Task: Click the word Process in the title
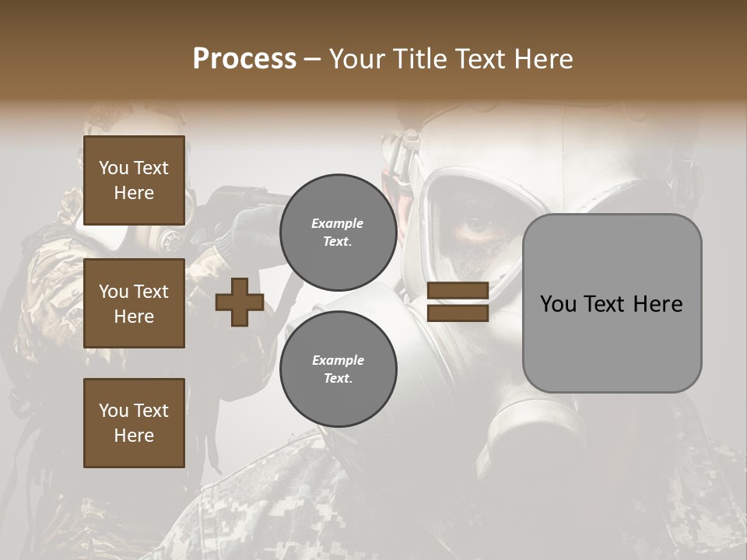pos(244,59)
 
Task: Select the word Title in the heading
pos(417,59)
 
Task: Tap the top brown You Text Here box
pos(134,180)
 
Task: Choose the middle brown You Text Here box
pos(134,303)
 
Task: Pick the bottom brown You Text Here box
pos(134,423)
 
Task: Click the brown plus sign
pos(240,302)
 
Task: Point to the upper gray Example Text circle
pos(338,232)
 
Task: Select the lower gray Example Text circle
pos(338,369)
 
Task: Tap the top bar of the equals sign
pos(458,291)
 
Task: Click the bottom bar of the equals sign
pos(458,313)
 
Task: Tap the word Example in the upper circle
pos(338,223)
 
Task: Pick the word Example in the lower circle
pos(338,360)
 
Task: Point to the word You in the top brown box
pos(114,168)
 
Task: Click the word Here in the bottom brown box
pos(134,436)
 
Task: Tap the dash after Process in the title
pos(313,59)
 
